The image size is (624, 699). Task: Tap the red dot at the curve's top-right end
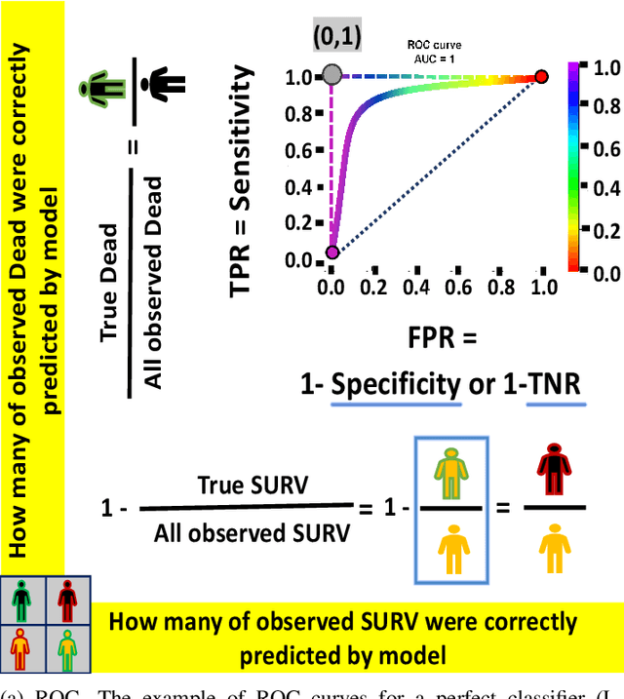pos(541,76)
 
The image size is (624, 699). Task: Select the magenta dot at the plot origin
pos(331,252)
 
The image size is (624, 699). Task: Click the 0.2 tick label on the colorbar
pos(605,231)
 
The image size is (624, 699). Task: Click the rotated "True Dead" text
pos(108,282)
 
